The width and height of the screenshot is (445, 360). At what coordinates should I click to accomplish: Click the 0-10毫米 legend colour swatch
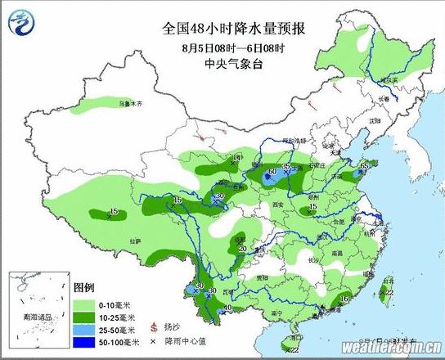(x=85, y=304)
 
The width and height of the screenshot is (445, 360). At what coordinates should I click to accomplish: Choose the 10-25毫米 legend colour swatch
(x=85, y=316)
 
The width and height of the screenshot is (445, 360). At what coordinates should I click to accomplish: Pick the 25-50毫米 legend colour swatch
(x=85, y=329)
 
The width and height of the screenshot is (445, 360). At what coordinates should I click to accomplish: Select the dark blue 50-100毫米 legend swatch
(x=85, y=341)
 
